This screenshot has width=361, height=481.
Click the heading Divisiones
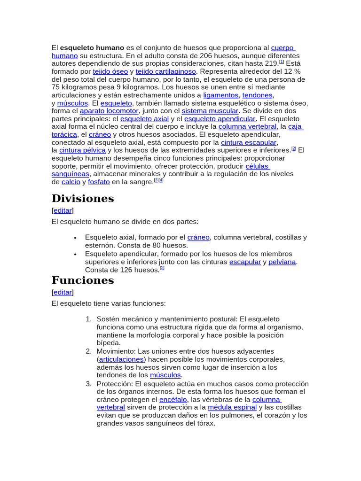(x=83, y=198)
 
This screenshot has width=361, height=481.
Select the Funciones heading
(x=83, y=280)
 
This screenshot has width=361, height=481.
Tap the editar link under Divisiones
(x=63, y=210)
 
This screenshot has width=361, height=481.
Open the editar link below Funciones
(x=63, y=292)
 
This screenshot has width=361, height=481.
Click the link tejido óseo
(x=110, y=71)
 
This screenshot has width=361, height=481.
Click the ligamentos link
(x=220, y=95)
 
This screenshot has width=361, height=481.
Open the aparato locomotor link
(x=109, y=111)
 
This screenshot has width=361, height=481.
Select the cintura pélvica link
(x=82, y=150)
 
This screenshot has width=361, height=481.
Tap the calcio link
(x=71, y=182)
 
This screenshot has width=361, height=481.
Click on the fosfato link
(x=99, y=182)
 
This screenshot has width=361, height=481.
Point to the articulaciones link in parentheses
(x=121, y=359)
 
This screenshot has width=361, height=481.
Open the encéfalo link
(x=173, y=399)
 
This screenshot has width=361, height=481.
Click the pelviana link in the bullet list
(x=282, y=262)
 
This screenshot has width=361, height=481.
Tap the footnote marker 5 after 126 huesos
(x=162, y=268)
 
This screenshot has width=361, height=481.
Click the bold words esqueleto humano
(x=92, y=47)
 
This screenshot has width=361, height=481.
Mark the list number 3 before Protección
(x=88, y=384)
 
